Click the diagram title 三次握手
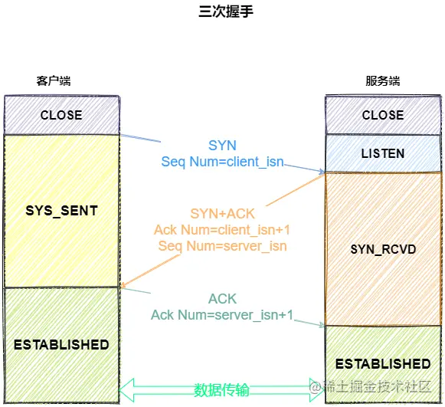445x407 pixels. pos(226,11)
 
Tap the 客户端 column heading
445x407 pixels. pos(54,81)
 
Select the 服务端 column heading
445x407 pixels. pos(383,81)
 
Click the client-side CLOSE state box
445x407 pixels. pos(61,115)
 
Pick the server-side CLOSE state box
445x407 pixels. pos(383,115)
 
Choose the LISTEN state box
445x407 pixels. pos(383,153)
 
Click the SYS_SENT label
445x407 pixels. pos(61,211)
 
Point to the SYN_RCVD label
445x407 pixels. pos(383,249)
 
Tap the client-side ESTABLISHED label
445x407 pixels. pos(61,345)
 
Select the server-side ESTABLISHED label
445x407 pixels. pos(383,364)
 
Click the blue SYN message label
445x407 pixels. pos(222,146)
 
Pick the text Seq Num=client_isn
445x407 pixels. pos(222,162)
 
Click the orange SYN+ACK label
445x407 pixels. pos(222,214)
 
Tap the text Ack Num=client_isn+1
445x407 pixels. pos(222,230)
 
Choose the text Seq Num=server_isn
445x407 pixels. pos(222,246)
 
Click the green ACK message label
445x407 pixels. pos(222,299)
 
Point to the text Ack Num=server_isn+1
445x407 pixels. pos(222,315)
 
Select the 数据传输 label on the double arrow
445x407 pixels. pos(221,389)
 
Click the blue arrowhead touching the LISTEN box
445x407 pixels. pos(322,171)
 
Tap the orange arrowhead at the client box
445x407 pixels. pos(124,284)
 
